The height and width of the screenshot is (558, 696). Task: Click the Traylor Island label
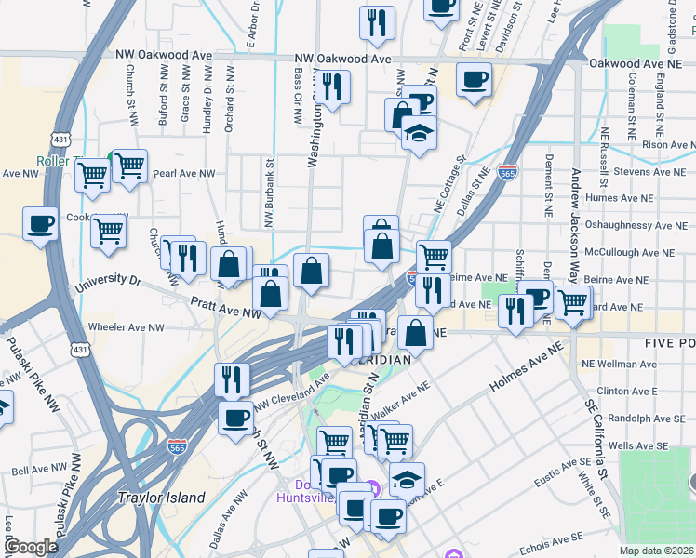click(x=161, y=498)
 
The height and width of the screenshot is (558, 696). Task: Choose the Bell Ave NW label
click(x=37, y=472)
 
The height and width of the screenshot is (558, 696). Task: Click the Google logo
click(x=30, y=548)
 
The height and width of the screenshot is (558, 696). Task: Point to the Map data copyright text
click(x=657, y=551)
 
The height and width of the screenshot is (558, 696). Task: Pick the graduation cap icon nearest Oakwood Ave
click(x=420, y=132)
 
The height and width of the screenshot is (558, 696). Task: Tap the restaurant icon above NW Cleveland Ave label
click(x=232, y=379)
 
